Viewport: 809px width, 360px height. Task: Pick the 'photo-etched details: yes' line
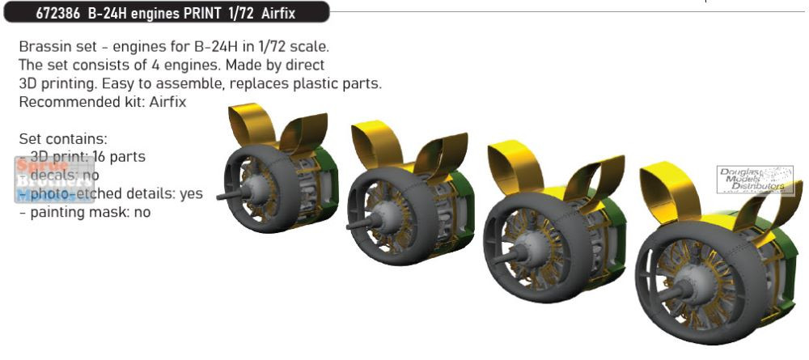(110, 194)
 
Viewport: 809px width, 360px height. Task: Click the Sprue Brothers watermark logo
(45, 180)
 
